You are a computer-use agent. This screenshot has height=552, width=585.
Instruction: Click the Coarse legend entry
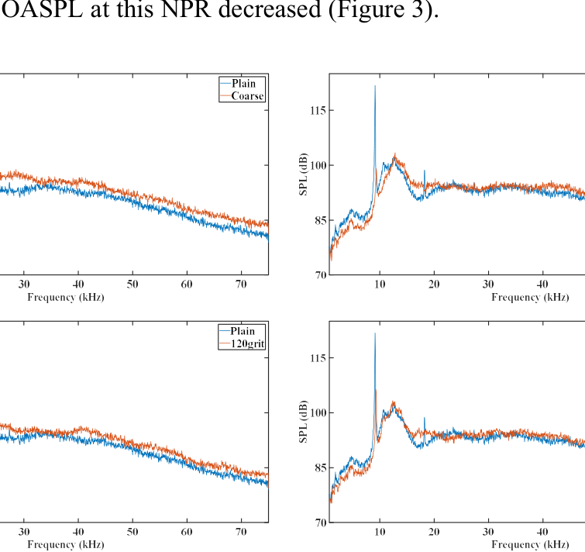pyautogui.click(x=248, y=96)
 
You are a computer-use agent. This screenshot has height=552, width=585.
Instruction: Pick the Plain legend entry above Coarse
pyautogui.click(x=248, y=84)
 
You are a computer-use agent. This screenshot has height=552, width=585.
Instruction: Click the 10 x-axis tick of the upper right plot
pyautogui.click(x=380, y=285)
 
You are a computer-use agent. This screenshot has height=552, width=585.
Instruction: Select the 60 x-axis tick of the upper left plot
pyautogui.click(x=187, y=285)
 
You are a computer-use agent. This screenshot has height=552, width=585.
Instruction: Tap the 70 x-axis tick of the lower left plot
pyautogui.click(x=241, y=532)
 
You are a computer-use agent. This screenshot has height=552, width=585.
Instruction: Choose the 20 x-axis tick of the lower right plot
pyautogui.click(x=434, y=532)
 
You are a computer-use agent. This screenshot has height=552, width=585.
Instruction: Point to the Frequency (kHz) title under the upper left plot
pyautogui.click(x=66, y=297)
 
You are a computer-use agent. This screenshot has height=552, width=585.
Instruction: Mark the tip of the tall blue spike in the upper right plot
pyautogui.click(x=375, y=86)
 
